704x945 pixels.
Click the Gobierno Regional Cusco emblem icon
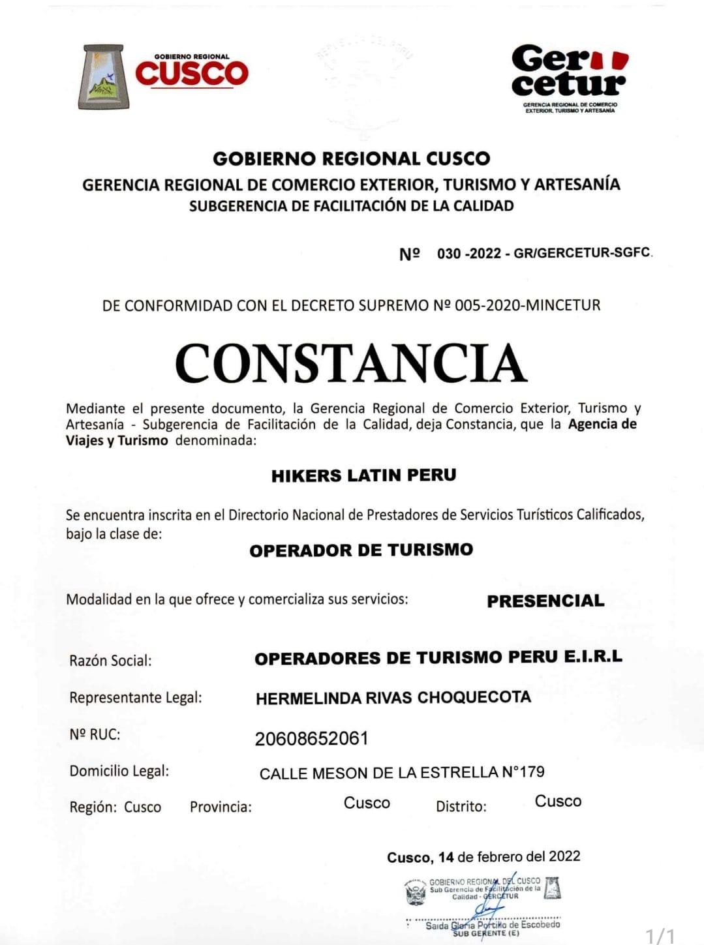point(104,76)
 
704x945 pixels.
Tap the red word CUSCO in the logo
point(192,74)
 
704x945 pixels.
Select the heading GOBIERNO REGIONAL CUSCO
point(351,158)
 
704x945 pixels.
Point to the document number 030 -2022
point(468,254)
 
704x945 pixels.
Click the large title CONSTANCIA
point(351,363)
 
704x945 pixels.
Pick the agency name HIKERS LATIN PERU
point(363,475)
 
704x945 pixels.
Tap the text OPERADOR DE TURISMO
point(361,550)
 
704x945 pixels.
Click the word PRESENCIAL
point(545,601)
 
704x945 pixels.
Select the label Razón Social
point(110,661)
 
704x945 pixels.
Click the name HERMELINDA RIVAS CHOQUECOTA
point(393,698)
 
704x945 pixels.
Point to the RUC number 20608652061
point(311,738)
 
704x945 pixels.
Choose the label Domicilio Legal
point(119,771)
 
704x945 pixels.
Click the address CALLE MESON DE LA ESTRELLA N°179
point(402,773)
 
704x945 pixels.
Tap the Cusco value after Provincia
point(367,803)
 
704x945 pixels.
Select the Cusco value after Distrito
point(558,802)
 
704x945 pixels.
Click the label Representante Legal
point(136,697)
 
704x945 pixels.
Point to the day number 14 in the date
point(446,857)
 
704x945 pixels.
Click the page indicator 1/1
point(660,935)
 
